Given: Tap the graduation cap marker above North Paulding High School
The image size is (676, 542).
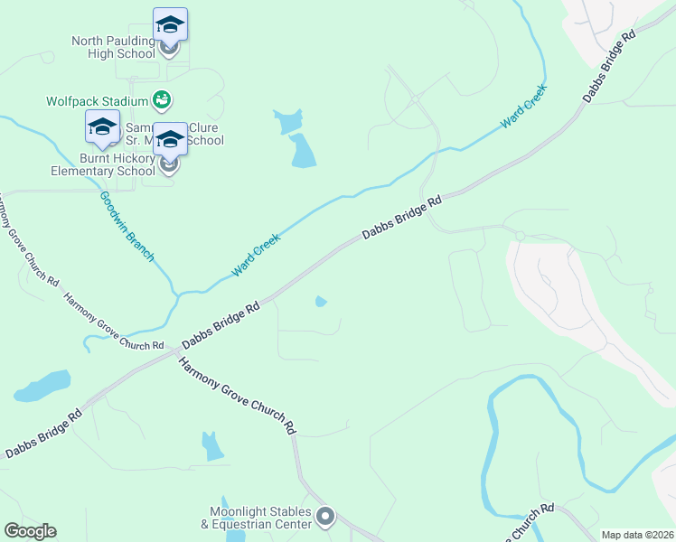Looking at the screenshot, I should point(170,24).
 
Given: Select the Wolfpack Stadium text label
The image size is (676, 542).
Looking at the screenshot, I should point(98,101).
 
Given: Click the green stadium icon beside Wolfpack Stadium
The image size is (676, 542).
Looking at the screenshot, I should point(162,98).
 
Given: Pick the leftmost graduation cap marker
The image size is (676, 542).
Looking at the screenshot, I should point(102,127).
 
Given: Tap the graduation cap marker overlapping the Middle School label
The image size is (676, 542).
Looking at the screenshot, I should point(170,139).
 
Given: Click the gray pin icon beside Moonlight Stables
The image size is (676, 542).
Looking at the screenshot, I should point(325,518).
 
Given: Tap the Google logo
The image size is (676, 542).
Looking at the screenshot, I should point(30,531).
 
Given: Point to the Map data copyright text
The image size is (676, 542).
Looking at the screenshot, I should point(637,535).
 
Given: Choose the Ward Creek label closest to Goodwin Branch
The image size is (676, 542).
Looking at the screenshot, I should point(256,255).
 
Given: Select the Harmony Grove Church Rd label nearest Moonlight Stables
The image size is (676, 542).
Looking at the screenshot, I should point(237,394).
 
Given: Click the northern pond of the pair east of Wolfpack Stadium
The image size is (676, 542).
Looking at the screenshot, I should point(288,120).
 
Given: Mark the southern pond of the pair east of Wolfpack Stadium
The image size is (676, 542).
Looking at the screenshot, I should point(302,152).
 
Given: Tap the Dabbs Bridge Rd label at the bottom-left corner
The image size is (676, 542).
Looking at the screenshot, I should point(43,434).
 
